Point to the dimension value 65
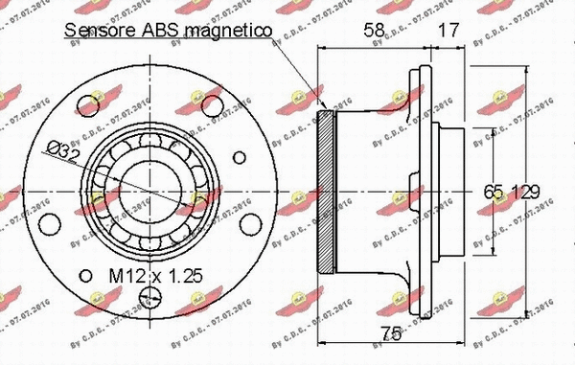(x=494, y=192)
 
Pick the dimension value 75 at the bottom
(x=388, y=334)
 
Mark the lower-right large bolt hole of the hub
(x=251, y=226)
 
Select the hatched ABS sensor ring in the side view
(x=324, y=190)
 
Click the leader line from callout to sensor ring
(x=297, y=72)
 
